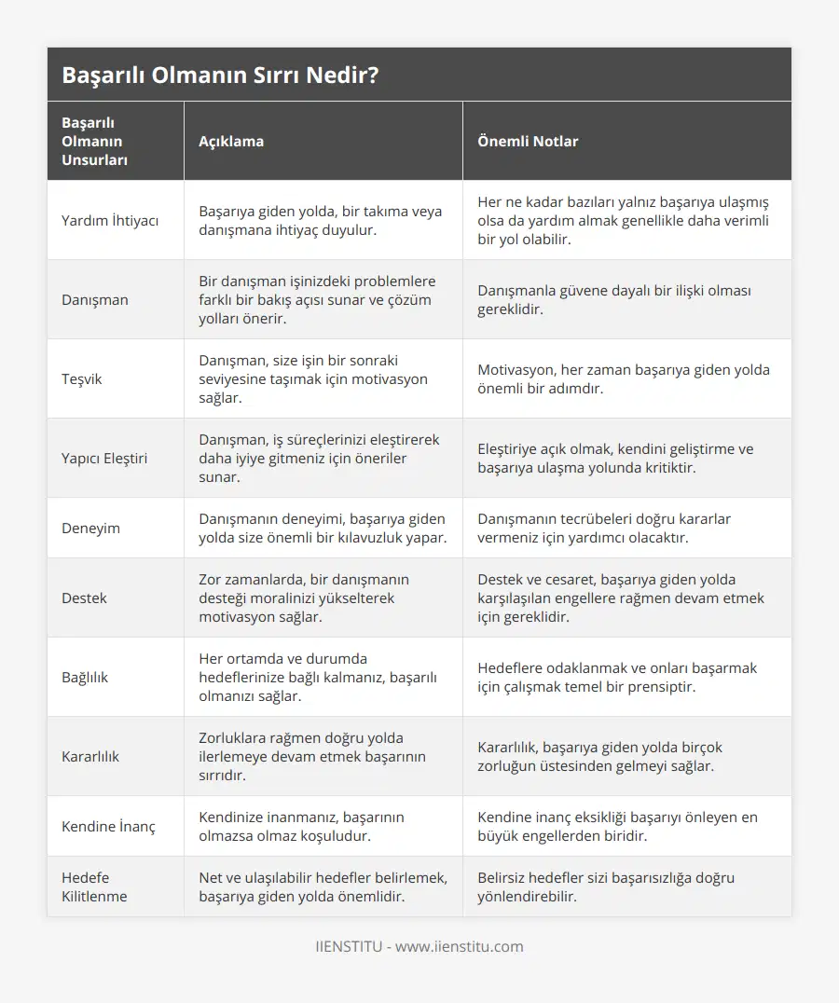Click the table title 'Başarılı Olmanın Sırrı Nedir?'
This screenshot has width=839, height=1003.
pyautogui.click(x=220, y=76)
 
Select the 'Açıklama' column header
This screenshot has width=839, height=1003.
pyautogui.click(x=231, y=142)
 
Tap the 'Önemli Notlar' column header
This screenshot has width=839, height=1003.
pyautogui.click(x=528, y=142)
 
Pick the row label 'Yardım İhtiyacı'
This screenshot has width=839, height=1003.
pyautogui.click(x=110, y=221)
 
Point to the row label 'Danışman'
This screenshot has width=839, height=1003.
pyautogui.click(x=95, y=300)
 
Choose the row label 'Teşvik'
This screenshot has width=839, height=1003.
pyautogui.click(x=82, y=379)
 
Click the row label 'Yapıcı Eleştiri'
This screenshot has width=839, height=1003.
pyautogui.click(x=104, y=459)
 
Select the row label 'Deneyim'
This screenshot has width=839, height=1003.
pyautogui.click(x=90, y=529)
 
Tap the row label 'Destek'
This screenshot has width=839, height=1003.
pyautogui.click(x=84, y=598)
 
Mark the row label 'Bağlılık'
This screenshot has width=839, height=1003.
pyautogui.click(x=85, y=678)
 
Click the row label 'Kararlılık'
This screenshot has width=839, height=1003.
pyautogui.click(x=90, y=757)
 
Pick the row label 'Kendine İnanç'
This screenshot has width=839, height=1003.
pyautogui.click(x=108, y=827)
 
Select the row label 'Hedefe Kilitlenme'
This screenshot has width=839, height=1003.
pyautogui.click(x=94, y=887)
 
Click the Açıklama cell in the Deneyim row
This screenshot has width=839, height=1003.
pyautogui.click(x=322, y=529)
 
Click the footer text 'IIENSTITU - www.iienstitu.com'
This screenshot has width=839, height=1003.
pyautogui.click(x=419, y=947)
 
